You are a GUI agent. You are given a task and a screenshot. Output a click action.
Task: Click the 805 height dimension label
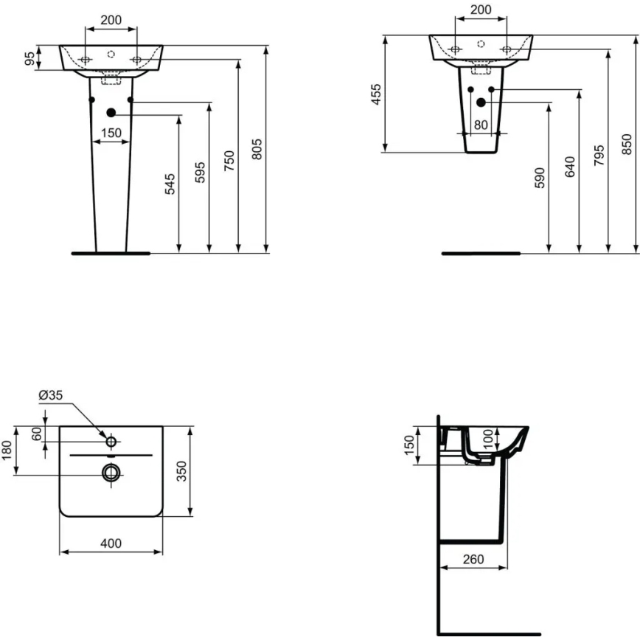click(x=257, y=150)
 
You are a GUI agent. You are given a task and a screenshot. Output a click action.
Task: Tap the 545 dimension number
click(x=170, y=184)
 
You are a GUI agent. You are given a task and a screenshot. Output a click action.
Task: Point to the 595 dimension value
click(x=200, y=172)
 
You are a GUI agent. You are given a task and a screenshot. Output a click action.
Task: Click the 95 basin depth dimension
click(x=30, y=58)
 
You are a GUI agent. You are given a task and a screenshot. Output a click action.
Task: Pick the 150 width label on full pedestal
click(x=111, y=133)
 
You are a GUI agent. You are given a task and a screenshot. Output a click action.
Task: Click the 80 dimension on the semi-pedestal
click(x=481, y=125)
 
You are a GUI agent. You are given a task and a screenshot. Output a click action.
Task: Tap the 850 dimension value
click(x=628, y=144)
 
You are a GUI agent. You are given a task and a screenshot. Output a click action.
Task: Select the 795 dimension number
click(x=599, y=155)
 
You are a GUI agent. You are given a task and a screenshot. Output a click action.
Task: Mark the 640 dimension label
click(x=569, y=167)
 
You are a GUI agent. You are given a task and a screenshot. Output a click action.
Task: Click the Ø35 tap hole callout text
click(x=51, y=395)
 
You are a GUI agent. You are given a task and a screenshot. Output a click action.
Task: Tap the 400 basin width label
click(x=110, y=543)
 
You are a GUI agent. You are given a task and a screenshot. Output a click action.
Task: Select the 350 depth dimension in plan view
click(x=183, y=470)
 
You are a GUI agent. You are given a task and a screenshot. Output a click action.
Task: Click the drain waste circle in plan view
click(x=111, y=473)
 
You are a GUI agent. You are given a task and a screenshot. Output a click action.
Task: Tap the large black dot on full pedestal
click(x=111, y=113)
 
